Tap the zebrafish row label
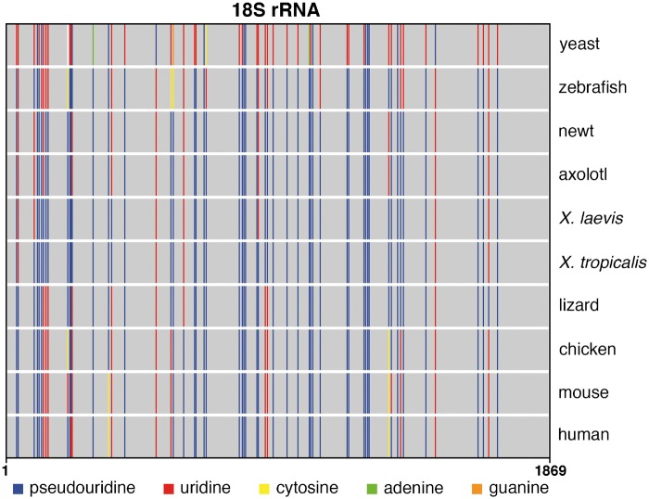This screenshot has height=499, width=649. tap(589, 87)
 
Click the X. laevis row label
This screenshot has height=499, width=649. tap(588, 218)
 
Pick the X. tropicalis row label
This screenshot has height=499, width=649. tap(602, 262)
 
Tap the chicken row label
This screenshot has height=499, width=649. tap(584, 349)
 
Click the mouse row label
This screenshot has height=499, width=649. tap(579, 392)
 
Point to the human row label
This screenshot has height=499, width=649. tap(580, 435)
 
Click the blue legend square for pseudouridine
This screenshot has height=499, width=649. tap(17, 487)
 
